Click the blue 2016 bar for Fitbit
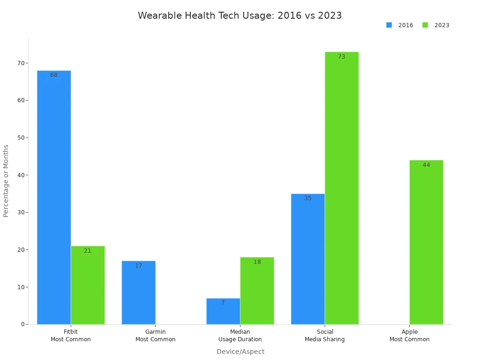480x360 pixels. (x=54, y=197)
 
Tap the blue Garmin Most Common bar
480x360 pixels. (x=138, y=292)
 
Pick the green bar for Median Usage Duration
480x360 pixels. (x=257, y=291)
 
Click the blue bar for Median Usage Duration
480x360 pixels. (x=223, y=311)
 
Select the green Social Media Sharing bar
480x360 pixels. (x=342, y=187)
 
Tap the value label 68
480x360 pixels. (x=54, y=75)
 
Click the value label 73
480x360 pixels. (x=342, y=57)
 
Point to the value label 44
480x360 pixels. (x=426, y=165)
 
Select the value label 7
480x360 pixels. (x=223, y=303)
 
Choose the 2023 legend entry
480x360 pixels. (x=436, y=25)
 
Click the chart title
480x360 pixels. (x=240, y=15)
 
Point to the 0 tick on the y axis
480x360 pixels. (x=22, y=324)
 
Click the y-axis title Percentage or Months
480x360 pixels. (x=6, y=181)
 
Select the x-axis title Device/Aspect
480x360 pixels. (x=240, y=352)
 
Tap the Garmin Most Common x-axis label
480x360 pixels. (x=155, y=336)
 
